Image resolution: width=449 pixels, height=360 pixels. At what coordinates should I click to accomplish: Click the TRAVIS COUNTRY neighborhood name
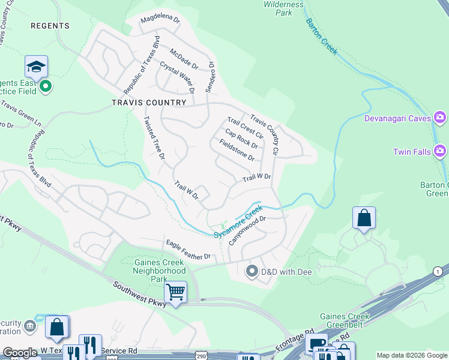pyautogui.click(x=149, y=103)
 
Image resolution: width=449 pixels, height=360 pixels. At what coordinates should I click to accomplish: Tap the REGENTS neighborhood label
pyautogui.click(x=50, y=26)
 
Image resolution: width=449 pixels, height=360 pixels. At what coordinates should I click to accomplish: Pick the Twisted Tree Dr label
pyautogui.click(x=154, y=139)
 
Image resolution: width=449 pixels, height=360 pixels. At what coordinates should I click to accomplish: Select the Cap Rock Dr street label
pyautogui.click(x=241, y=139)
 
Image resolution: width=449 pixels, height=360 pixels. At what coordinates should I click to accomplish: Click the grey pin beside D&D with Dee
pyautogui.click(x=252, y=271)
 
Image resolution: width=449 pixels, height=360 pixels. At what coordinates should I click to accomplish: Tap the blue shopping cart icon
pyautogui.click(x=175, y=292)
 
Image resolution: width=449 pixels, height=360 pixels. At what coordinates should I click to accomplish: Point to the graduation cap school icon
pyautogui.click(x=36, y=66)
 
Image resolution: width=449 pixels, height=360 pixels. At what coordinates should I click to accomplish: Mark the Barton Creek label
pyautogui.click(x=321, y=37)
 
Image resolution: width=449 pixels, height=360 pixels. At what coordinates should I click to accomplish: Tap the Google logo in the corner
pyautogui.click(x=20, y=353)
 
